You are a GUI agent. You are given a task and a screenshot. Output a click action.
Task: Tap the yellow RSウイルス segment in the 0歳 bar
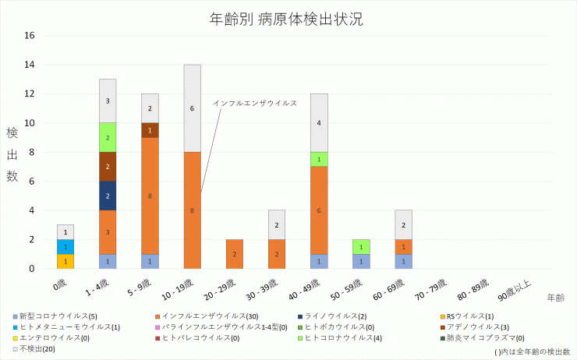pos(65,261)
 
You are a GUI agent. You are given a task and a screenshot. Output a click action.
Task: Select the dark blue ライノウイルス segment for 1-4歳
pos(108,196)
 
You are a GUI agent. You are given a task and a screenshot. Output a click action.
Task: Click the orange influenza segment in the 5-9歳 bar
pos(150,196)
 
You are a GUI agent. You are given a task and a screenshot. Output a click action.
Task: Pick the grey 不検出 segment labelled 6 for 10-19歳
pos(193,108)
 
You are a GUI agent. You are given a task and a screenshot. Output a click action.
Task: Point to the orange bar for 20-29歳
pos(235,254)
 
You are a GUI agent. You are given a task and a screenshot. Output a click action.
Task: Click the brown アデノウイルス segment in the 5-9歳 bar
pos(150,130)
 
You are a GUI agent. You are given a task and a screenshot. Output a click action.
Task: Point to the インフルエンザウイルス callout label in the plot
pos(255,103)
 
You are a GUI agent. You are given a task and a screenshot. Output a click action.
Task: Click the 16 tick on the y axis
pos(30,36)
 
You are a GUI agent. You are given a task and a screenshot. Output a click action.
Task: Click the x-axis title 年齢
pos(556,298)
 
